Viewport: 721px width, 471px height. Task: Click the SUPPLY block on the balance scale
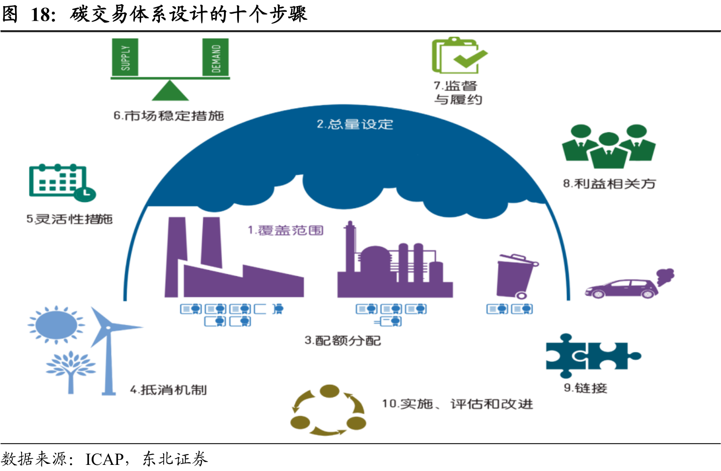pyautogui.click(x=125, y=57)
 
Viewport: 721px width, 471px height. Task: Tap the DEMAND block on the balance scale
pyautogui.click(x=215, y=57)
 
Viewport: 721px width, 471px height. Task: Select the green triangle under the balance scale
pyautogui.click(x=170, y=91)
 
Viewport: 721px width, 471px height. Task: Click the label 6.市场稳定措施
pyautogui.click(x=168, y=116)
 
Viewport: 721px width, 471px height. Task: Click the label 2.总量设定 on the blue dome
pyautogui.click(x=355, y=124)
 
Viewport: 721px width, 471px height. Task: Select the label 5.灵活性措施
pyautogui.click(x=70, y=219)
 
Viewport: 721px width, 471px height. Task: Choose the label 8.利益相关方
pyautogui.click(x=610, y=184)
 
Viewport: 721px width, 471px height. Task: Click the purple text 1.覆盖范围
pyautogui.click(x=285, y=230)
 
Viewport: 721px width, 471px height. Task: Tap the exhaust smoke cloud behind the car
pyautogui.click(x=664, y=276)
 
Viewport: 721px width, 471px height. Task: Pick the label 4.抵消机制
pyautogui.click(x=168, y=390)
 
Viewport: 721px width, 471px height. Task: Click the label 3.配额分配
pyautogui.click(x=342, y=340)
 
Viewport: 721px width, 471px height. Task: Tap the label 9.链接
pyautogui.click(x=586, y=388)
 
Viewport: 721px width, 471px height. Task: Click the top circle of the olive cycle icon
pyautogui.click(x=329, y=391)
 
